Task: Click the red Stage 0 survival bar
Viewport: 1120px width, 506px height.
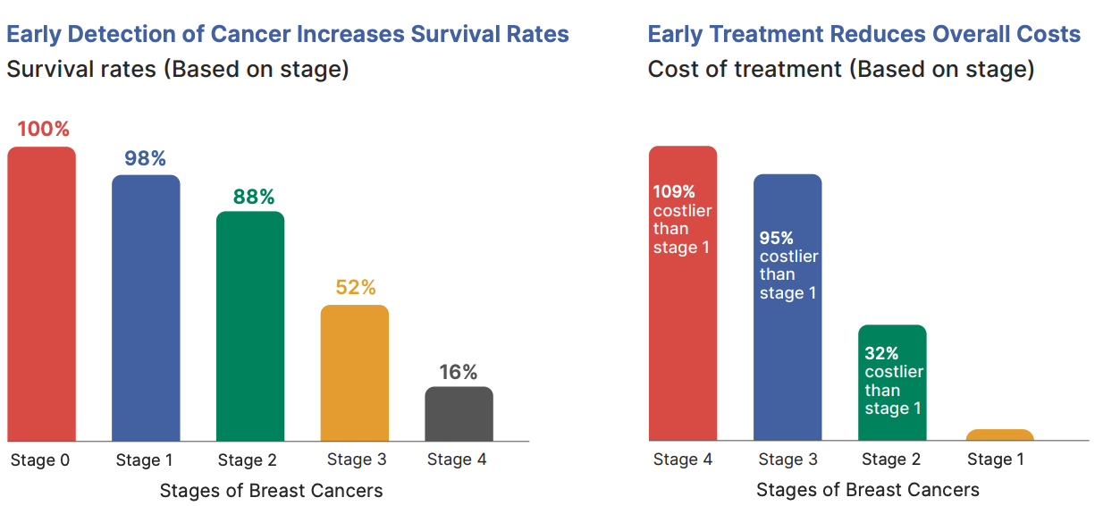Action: click(x=42, y=295)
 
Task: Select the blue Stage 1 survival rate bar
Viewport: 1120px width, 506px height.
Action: click(x=146, y=308)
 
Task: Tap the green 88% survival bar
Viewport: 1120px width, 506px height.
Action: click(x=250, y=326)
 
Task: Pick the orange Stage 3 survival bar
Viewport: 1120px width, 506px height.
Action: click(x=355, y=373)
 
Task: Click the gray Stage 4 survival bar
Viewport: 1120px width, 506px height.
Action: click(x=459, y=414)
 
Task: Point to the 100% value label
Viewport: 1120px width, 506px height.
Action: click(x=43, y=130)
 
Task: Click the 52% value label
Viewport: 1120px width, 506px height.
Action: click(x=356, y=288)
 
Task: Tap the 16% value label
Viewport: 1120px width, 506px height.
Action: click(x=459, y=373)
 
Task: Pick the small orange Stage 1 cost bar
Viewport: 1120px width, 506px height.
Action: click(x=999, y=435)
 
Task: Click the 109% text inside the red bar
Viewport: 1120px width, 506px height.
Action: click(x=674, y=192)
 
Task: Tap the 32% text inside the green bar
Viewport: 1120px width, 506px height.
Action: click(x=881, y=353)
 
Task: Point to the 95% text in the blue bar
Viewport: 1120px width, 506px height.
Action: click(x=777, y=239)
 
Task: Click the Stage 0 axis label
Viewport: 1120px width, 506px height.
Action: click(x=40, y=460)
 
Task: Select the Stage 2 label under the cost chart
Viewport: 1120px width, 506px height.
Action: click(x=891, y=460)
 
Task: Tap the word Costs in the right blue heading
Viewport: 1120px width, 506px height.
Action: click(x=1048, y=35)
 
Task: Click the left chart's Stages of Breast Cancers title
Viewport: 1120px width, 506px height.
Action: click(x=271, y=491)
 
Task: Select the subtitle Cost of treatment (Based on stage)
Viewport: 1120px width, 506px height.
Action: click(x=840, y=69)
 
